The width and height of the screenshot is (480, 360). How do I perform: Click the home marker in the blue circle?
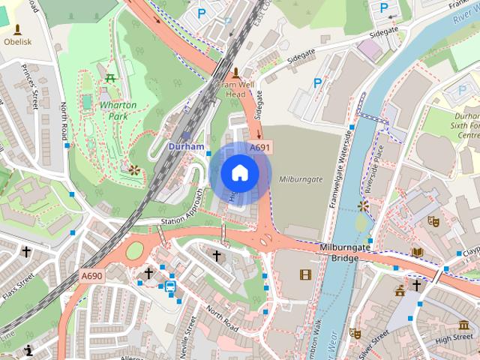tap(240, 173)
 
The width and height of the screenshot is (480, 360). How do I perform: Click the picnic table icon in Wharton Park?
tap(111, 77)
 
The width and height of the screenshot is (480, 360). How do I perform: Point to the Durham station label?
tap(186, 146)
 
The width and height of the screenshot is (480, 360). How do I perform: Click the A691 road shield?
tap(259, 148)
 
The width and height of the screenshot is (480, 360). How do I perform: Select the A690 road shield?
tap(92, 276)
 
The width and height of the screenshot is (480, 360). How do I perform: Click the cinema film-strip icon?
tap(304, 274)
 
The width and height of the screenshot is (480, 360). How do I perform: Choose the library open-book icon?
tap(417, 252)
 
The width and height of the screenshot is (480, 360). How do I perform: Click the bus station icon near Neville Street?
tap(170, 286)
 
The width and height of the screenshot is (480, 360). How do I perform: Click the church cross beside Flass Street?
tap(27, 252)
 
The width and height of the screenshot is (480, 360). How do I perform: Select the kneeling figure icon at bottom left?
tap(28, 349)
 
